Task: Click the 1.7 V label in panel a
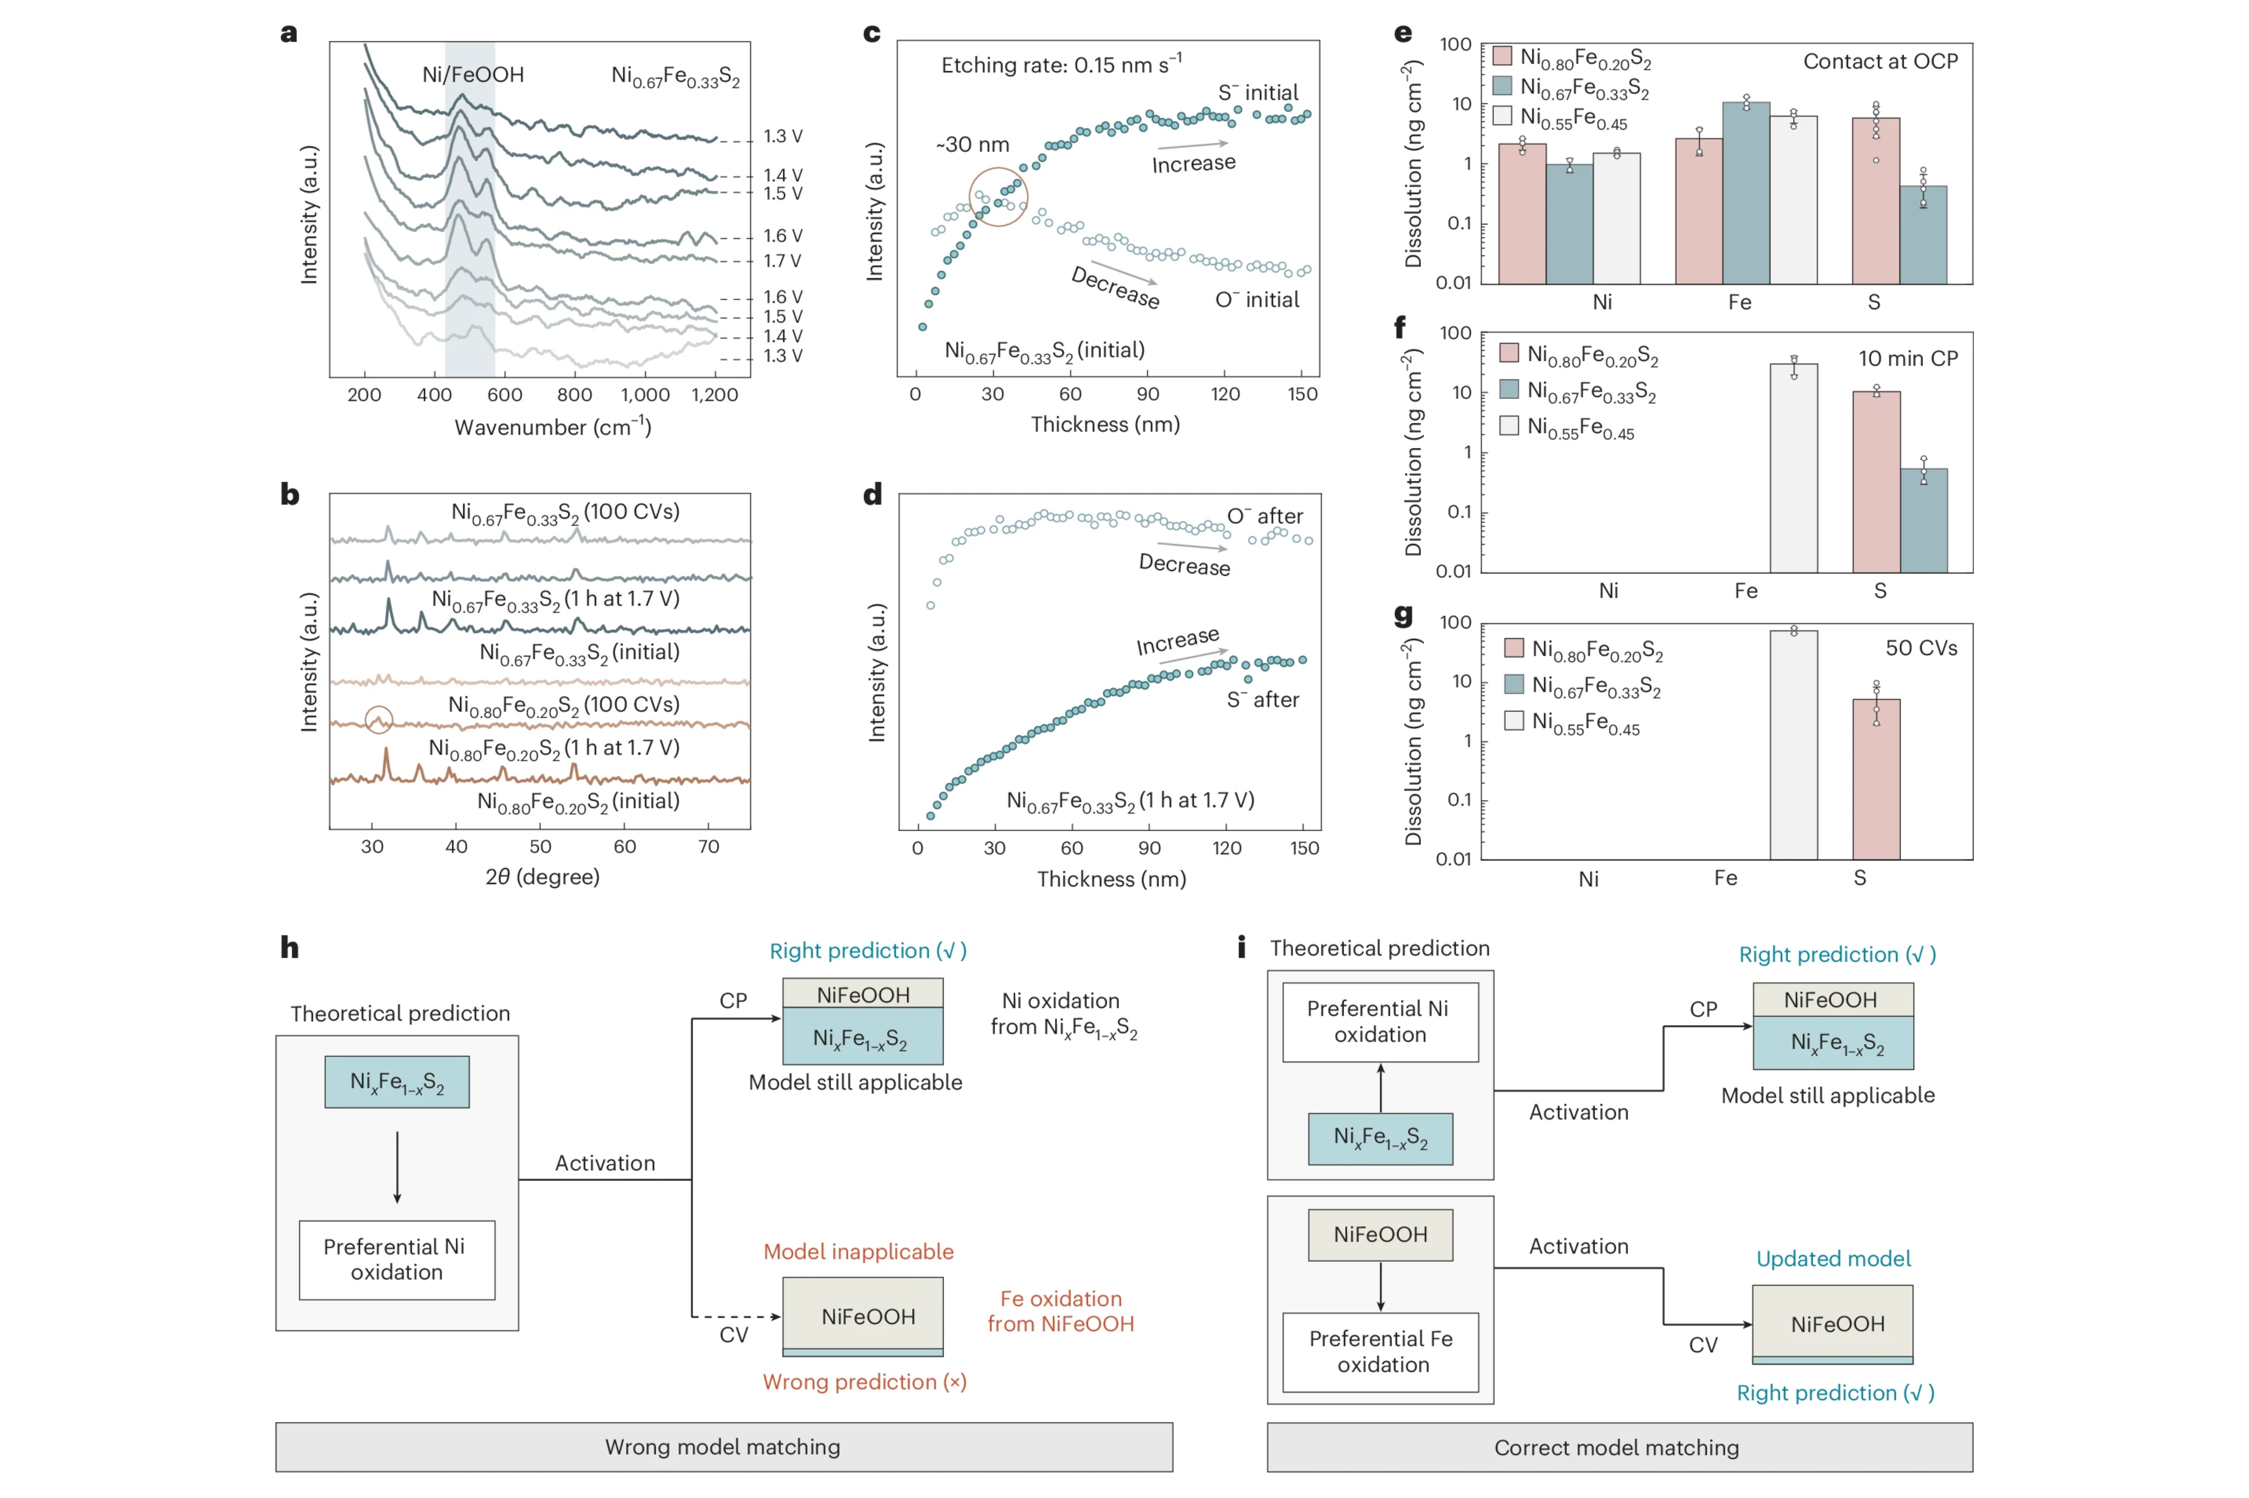(781, 261)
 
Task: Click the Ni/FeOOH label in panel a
(473, 74)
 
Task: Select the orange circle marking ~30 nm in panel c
(998, 197)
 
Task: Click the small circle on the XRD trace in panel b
(378, 719)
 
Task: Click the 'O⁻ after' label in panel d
(1265, 516)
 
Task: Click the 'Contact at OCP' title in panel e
(1880, 61)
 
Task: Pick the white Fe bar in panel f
(1793, 468)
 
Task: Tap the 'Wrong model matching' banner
(723, 1446)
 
